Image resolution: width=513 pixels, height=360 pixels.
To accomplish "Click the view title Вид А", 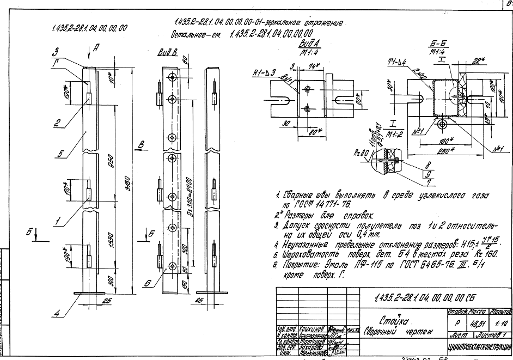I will (x=308, y=42).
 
